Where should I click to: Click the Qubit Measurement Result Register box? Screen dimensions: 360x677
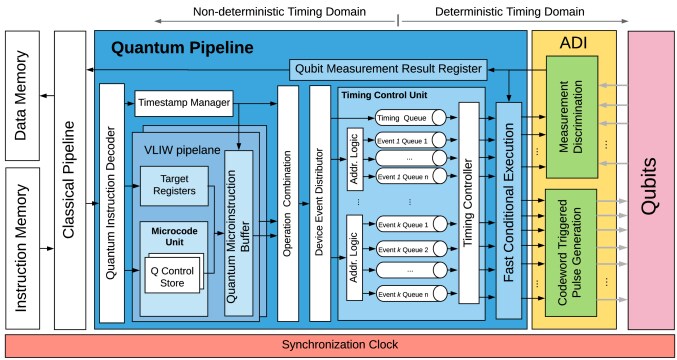[388, 69]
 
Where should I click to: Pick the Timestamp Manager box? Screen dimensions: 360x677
[183, 101]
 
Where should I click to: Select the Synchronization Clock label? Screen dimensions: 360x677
[338, 345]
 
